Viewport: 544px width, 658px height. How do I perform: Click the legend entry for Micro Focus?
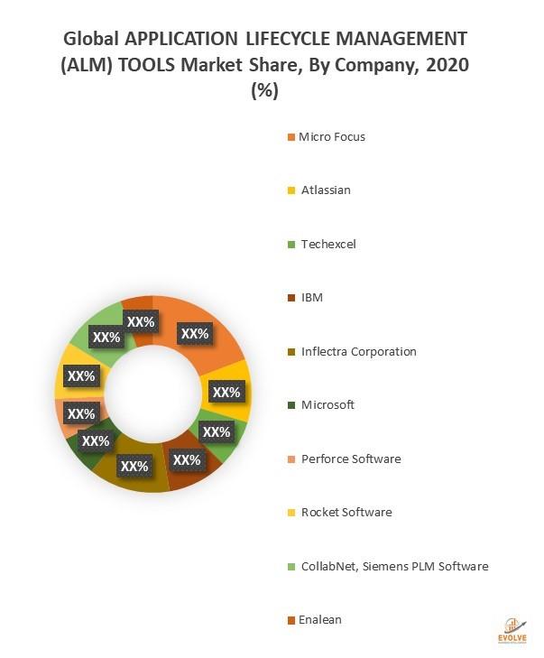332,137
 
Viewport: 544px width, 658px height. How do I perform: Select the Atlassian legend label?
326,190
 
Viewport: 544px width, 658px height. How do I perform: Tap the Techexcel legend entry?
328,245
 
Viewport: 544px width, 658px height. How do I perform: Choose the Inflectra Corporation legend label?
359,351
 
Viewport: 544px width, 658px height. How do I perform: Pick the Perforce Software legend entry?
351,459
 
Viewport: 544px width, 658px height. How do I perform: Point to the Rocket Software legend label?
346,512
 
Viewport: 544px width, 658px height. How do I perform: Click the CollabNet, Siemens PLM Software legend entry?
394,566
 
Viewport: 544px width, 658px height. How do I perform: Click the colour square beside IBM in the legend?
290,299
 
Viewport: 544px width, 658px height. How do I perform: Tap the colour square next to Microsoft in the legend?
290,405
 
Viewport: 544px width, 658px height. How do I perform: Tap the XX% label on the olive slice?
134,467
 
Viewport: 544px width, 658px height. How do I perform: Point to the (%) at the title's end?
264,91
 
